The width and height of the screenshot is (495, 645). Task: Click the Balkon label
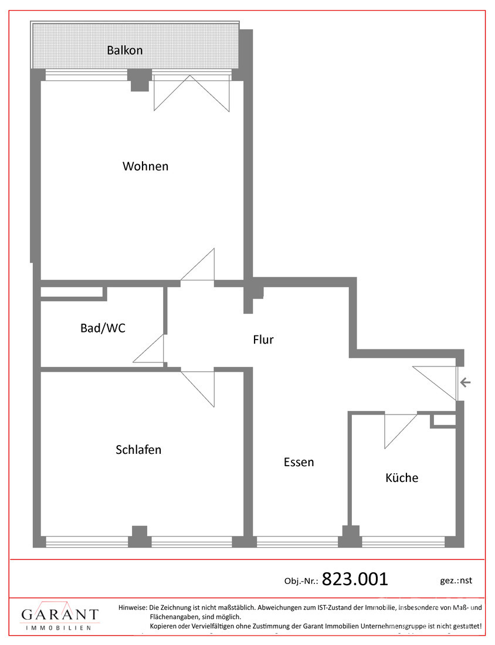[x=124, y=50]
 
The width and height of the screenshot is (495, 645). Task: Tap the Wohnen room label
[x=145, y=166]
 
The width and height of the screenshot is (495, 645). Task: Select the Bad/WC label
[x=103, y=328]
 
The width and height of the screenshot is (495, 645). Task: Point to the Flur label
[x=263, y=339]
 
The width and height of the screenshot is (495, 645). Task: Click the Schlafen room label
[x=138, y=450]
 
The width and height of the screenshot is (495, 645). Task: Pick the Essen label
[x=299, y=462]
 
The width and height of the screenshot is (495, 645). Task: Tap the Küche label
[x=402, y=477]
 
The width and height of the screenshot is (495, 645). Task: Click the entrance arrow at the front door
[x=465, y=383]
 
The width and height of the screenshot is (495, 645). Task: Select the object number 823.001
[x=355, y=579]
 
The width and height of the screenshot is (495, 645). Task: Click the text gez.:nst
[x=456, y=580]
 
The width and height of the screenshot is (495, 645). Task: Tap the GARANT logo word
[x=60, y=615]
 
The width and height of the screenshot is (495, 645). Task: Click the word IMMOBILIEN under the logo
[x=59, y=628]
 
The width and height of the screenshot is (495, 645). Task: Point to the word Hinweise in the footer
[x=133, y=607]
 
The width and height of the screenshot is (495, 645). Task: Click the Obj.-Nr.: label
[x=301, y=581]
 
